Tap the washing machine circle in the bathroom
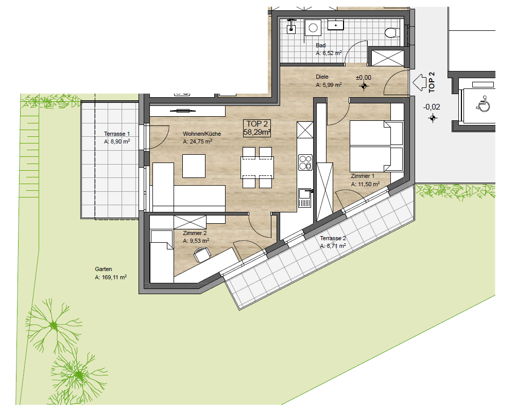click(313, 28)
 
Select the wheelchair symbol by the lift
click(484, 103)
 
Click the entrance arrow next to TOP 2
click(419, 82)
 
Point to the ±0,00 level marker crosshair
click(364, 86)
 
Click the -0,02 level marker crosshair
click(433, 118)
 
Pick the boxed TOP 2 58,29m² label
click(257, 128)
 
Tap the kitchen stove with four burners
click(305, 163)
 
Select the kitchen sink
click(305, 198)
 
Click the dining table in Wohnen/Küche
click(257, 168)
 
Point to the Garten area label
click(111, 273)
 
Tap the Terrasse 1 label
click(116, 134)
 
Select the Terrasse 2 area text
click(333, 246)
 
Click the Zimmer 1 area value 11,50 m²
click(365, 184)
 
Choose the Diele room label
click(322, 77)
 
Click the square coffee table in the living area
click(194, 166)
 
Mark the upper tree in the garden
click(54, 326)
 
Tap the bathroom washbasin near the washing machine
click(335, 25)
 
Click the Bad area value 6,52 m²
click(329, 53)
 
